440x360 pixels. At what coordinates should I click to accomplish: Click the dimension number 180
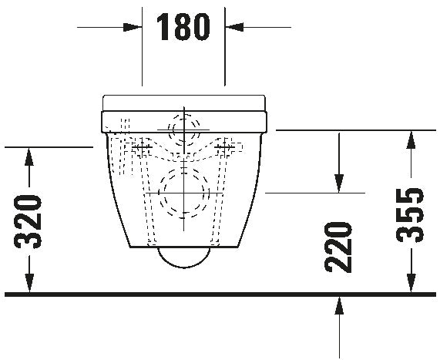pyautogui.click(x=183, y=28)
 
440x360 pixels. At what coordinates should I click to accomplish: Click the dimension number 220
pyautogui.click(x=338, y=247)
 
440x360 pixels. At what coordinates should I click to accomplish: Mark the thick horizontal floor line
pyautogui.click(x=220, y=294)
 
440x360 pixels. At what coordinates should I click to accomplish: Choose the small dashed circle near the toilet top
pyautogui.click(x=183, y=126)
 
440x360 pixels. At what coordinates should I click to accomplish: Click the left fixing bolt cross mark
pyautogui.click(x=140, y=146)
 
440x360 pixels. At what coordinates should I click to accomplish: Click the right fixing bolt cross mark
pyautogui.click(x=227, y=146)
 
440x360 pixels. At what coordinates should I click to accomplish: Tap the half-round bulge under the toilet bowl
pyautogui.click(x=183, y=257)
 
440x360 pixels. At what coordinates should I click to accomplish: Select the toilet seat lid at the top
pyautogui.click(x=183, y=102)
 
